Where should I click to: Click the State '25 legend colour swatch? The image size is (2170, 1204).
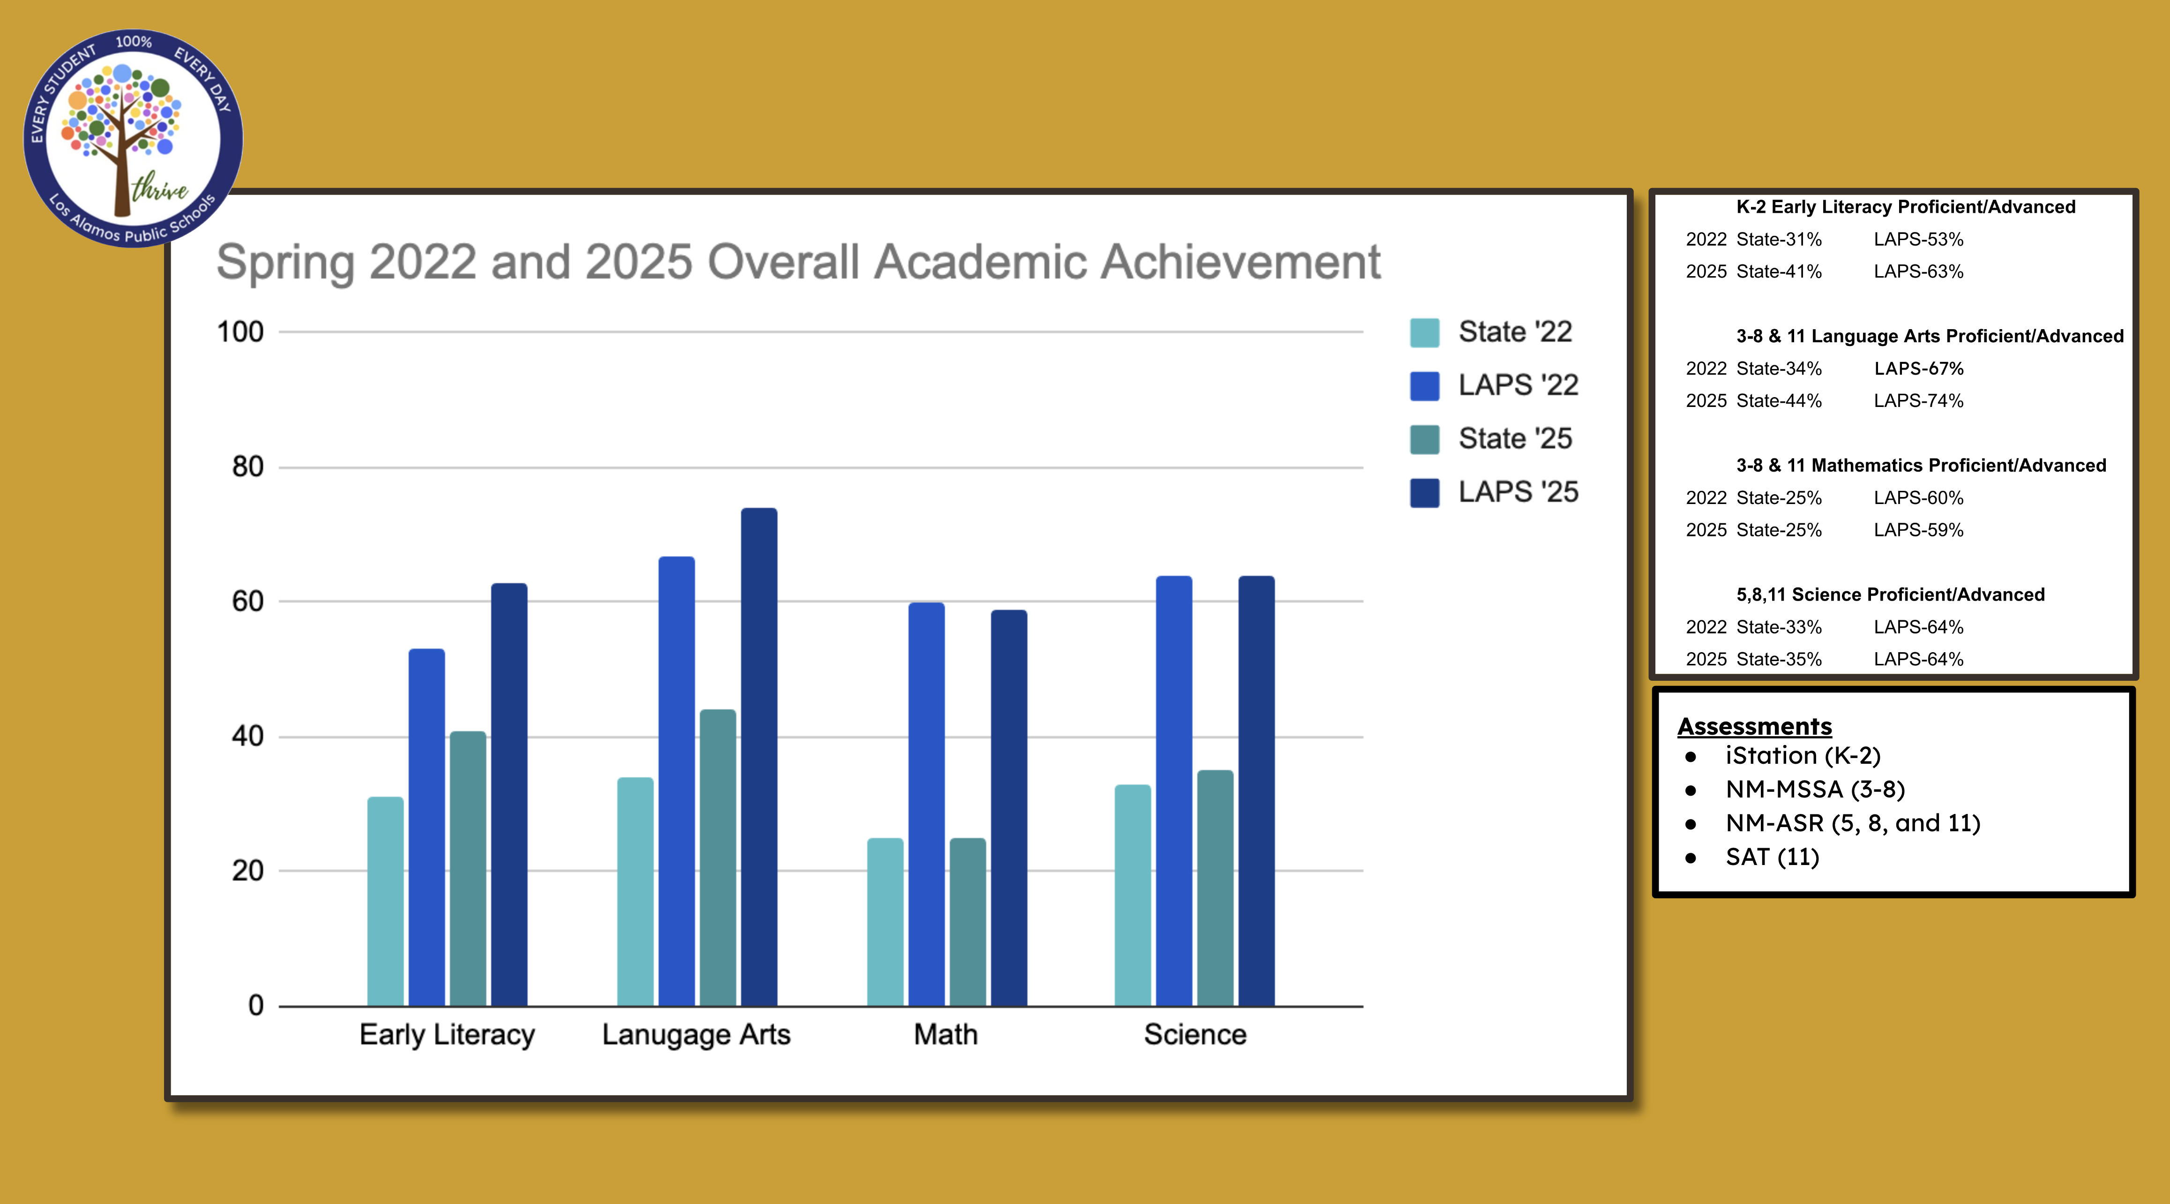click(1424, 439)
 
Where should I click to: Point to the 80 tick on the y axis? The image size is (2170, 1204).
click(247, 467)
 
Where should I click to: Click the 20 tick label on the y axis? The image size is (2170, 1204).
click(247, 870)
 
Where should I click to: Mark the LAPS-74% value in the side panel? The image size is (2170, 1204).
click(1918, 401)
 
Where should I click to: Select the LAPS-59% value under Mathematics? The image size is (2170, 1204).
click(1918, 530)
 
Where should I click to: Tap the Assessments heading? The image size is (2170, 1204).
click(1754, 726)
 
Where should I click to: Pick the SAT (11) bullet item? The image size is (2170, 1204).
click(1772, 857)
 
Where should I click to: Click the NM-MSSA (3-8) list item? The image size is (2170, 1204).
click(1815, 790)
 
